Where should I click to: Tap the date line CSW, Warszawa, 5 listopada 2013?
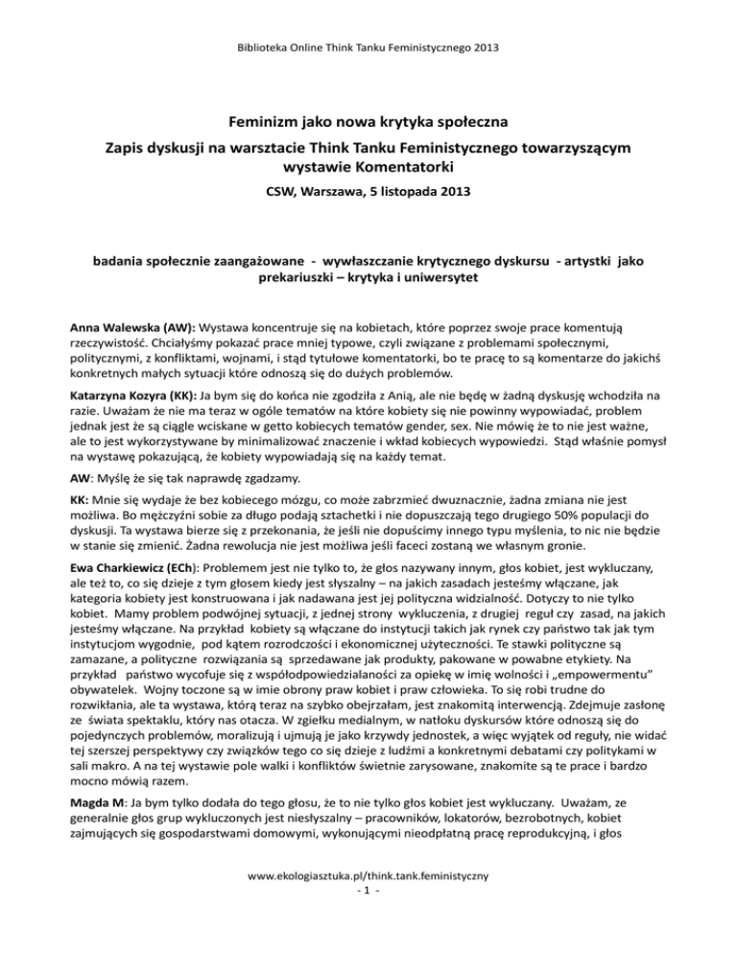tap(368, 204)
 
